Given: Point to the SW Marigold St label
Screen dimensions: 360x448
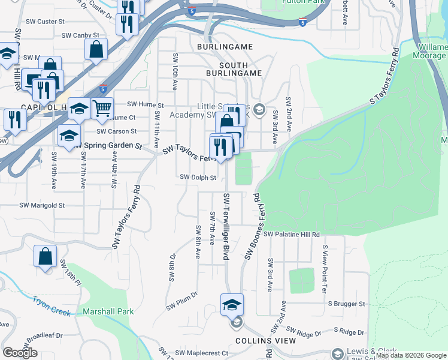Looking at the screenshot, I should click(x=42, y=205).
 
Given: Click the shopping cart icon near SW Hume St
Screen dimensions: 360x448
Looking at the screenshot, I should click(x=102, y=108).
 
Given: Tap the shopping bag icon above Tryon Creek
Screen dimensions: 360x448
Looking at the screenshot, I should click(x=45, y=256).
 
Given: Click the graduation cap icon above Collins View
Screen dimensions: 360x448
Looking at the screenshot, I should click(x=232, y=304).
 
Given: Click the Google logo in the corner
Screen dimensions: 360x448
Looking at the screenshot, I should click(x=20, y=353).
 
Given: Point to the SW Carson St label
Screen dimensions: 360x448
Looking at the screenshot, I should click(x=117, y=131).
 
